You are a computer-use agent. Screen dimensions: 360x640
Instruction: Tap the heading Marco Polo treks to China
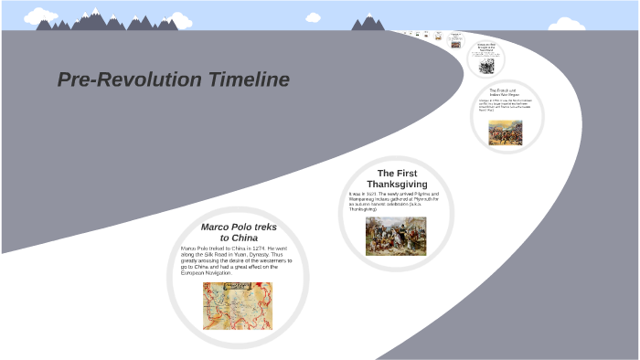pos(238,232)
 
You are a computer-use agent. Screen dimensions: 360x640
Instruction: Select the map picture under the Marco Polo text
pos(238,305)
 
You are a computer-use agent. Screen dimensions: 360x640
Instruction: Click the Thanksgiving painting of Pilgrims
pos(396,236)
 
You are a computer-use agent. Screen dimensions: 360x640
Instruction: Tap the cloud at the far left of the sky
pos(40,15)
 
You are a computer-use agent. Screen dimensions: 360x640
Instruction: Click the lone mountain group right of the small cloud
pos(368,22)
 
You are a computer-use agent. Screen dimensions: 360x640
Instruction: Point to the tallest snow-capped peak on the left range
pos(96,16)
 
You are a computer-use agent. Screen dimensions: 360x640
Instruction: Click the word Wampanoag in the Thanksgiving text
pos(365,199)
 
